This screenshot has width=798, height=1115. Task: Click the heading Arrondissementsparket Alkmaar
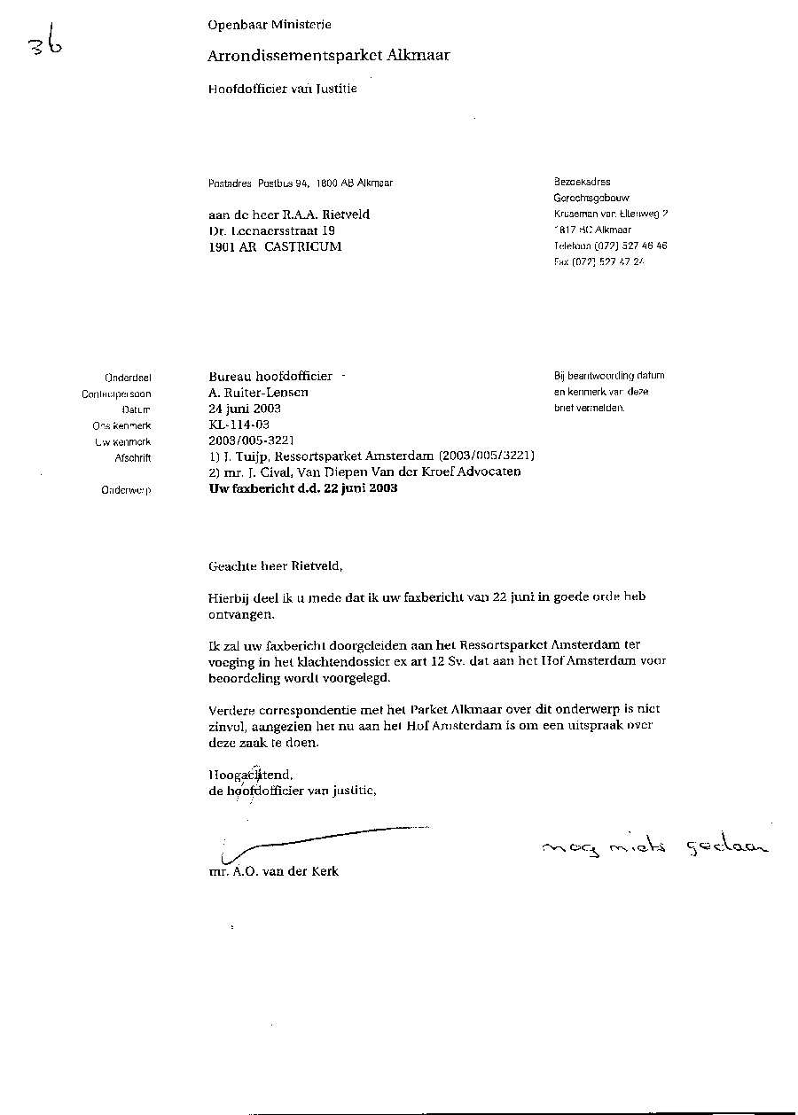point(328,56)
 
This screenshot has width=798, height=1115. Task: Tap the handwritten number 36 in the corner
point(44,43)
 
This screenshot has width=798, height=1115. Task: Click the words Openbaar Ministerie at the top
point(270,26)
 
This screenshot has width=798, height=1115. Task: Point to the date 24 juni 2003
point(245,409)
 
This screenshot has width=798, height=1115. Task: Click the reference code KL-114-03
point(239,425)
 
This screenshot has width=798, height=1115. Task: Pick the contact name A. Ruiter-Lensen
point(258,393)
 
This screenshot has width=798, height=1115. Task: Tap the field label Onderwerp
point(127,490)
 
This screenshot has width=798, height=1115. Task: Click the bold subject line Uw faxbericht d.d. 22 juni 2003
point(302,488)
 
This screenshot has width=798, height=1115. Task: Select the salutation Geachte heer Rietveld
point(274,565)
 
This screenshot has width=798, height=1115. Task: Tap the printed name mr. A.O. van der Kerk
point(273,871)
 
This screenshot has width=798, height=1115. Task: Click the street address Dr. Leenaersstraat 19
point(271,230)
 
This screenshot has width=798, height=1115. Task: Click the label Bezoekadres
point(582,182)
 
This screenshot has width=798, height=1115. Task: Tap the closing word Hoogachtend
point(250,774)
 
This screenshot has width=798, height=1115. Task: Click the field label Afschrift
point(133,458)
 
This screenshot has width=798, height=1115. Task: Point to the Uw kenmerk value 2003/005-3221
point(251,441)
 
